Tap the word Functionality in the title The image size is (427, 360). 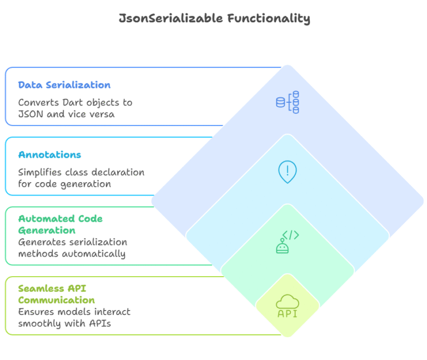269,18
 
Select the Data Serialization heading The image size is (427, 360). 64,85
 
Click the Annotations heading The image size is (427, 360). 49,155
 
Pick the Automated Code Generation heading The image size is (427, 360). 60,224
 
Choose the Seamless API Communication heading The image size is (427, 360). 56,294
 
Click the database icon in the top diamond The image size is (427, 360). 287,102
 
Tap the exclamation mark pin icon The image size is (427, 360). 287,172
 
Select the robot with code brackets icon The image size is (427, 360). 287,242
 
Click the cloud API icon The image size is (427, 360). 287,307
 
